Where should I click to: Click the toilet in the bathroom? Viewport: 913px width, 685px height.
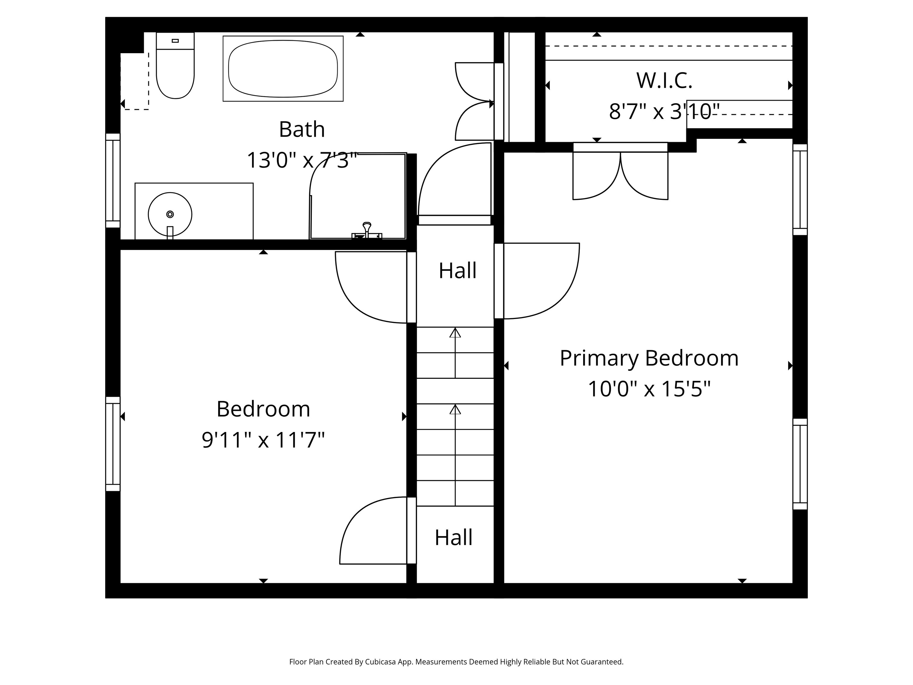[x=175, y=66]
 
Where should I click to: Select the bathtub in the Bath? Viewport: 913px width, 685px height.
[x=283, y=69]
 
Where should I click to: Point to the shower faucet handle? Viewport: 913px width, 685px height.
[x=366, y=229]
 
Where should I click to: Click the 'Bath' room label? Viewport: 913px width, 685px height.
[x=302, y=129]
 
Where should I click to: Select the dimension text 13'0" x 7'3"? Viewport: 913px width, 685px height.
[x=302, y=160]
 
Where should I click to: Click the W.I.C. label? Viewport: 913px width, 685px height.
[x=664, y=81]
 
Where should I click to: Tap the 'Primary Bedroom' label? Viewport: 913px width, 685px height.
[x=649, y=358]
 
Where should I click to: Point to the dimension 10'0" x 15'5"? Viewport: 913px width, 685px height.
[x=649, y=389]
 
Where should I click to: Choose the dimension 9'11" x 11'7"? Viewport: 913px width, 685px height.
[x=263, y=440]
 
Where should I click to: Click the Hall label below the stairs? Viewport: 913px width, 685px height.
[x=454, y=538]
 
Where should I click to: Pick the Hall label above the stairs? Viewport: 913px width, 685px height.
[x=457, y=271]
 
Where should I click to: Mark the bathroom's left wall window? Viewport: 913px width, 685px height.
[x=113, y=180]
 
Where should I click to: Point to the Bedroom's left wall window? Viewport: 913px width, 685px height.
[x=113, y=444]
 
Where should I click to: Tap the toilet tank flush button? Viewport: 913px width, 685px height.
[x=175, y=40]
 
